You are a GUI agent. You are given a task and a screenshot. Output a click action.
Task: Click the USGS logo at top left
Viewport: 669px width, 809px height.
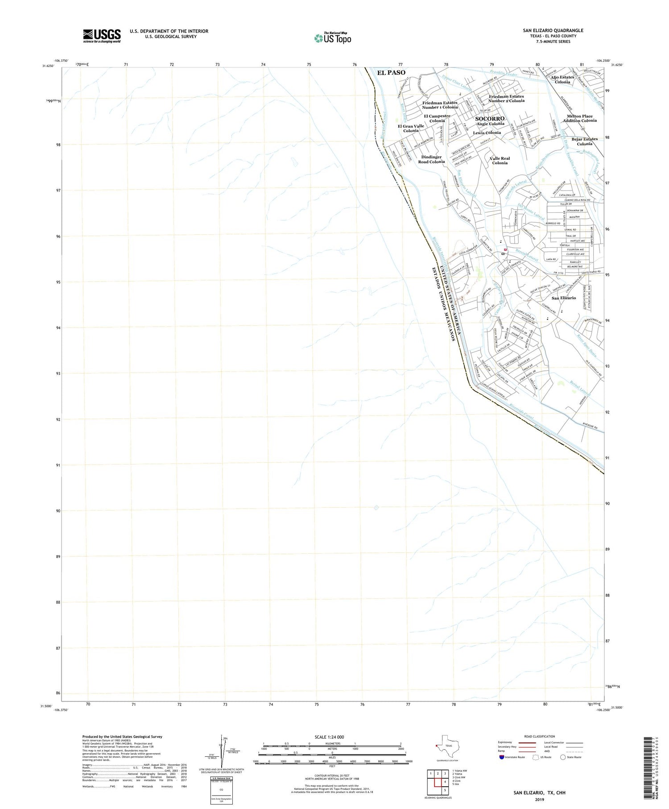(102, 36)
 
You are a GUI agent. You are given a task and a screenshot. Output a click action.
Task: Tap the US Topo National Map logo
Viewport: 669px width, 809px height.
(333, 38)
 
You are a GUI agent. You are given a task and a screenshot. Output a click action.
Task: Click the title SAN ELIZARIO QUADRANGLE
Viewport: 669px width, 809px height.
(553, 31)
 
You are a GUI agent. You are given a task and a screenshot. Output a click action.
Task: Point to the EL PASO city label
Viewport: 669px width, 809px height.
(391, 73)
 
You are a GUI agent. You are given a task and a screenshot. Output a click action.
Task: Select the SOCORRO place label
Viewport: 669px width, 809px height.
(490, 119)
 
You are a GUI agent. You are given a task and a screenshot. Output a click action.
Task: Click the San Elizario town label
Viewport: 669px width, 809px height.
(564, 298)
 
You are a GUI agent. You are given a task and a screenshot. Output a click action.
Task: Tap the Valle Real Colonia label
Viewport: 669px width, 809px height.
(500, 161)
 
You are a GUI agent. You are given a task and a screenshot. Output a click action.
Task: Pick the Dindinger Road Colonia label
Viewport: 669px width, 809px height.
(431, 159)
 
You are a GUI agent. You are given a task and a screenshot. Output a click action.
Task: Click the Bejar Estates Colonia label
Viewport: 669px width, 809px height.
(585, 141)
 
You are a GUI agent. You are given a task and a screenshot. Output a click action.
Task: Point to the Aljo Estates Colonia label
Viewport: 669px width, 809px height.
(562, 80)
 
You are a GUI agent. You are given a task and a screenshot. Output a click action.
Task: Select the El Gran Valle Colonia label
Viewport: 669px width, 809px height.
(411, 129)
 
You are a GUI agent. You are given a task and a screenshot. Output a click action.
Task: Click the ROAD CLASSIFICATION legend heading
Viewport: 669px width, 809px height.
(540, 736)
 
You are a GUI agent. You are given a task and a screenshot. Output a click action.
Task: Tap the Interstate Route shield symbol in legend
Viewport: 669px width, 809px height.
(502, 757)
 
